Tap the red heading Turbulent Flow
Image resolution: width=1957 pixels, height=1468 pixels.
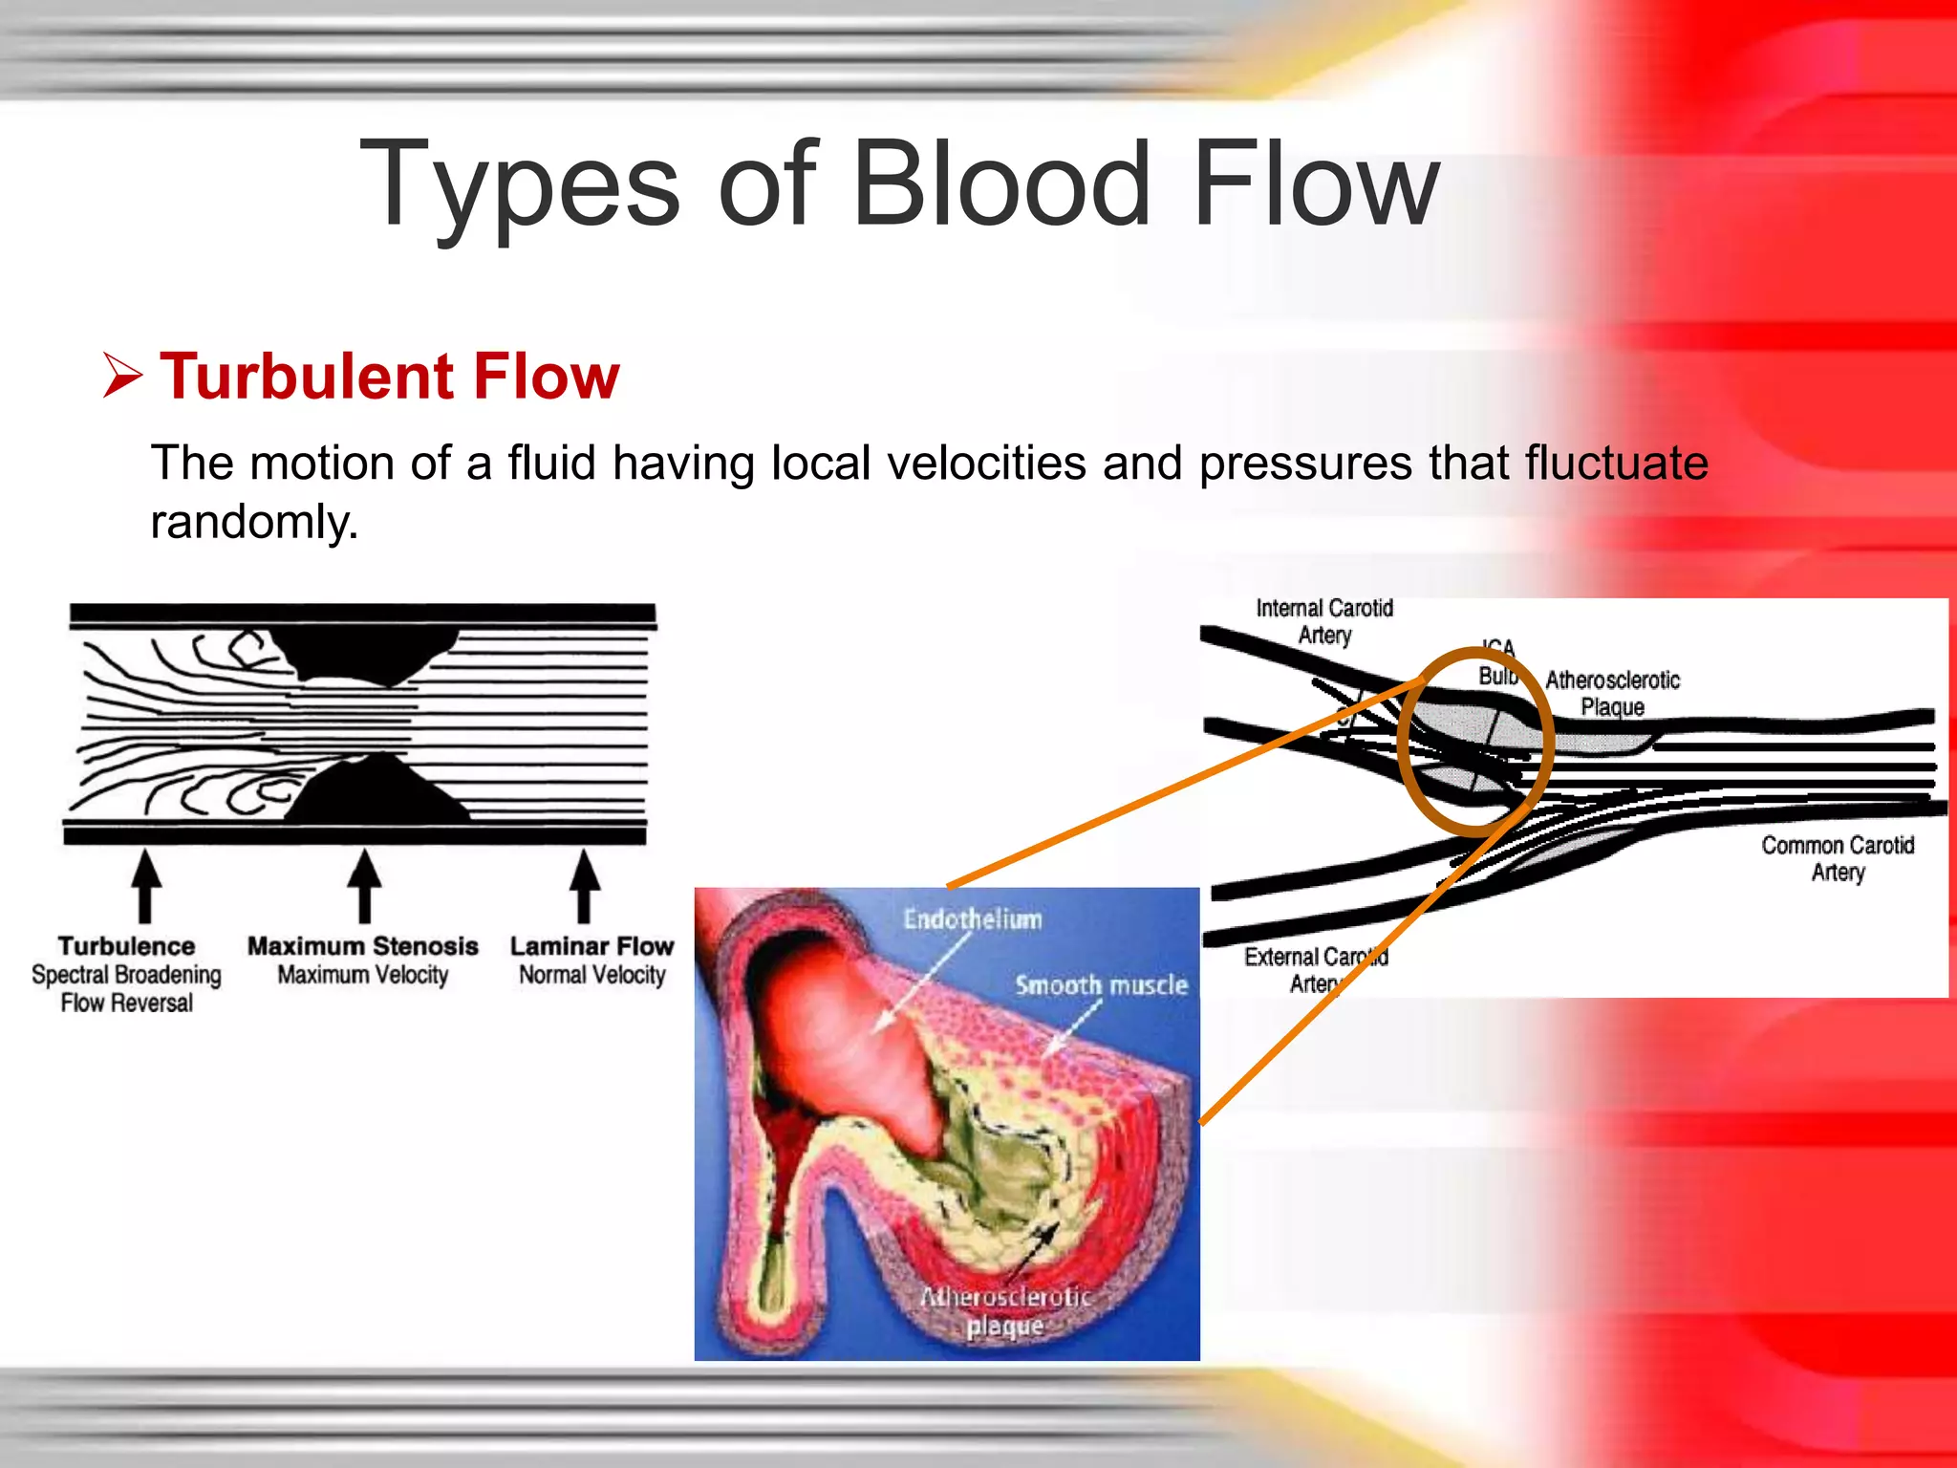(x=390, y=376)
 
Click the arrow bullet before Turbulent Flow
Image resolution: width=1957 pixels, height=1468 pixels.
(x=122, y=376)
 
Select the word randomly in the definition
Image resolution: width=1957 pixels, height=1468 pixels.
(x=254, y=522)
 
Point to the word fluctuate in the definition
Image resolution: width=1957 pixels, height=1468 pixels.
(x=1616, y=464)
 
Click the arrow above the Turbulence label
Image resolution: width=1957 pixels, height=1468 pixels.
(x=145, y=885)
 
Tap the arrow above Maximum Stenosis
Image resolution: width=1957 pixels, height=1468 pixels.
(x=364, y=885)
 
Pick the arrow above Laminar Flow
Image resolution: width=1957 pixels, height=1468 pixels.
(x=585, y=885)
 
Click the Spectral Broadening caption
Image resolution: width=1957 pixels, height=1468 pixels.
(x=126, y=975)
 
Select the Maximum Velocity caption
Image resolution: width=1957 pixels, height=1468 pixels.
(x=363, y=975)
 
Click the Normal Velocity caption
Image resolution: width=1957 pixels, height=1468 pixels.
(x=592, y=975)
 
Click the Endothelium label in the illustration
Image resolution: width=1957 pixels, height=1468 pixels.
(x=973, y=919)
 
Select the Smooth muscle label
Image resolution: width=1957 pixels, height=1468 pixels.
(x=1101, y=985)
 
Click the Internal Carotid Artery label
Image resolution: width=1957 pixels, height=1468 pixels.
(x=1324, y=621)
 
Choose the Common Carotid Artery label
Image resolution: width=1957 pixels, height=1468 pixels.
(x=1838, y=858)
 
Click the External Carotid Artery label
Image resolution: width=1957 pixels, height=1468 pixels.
(x=1316, y=969)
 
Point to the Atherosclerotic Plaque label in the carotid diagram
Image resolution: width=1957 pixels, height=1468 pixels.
(x=1613, y=693)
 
